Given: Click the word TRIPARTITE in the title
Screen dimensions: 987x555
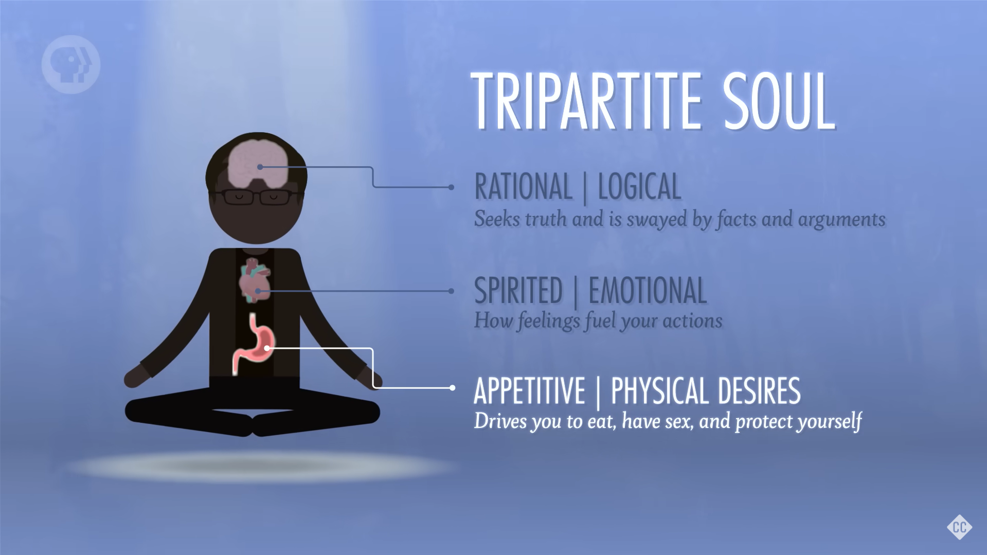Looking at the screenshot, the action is pos(586,101).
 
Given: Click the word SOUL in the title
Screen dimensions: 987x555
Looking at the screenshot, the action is pos(779,101).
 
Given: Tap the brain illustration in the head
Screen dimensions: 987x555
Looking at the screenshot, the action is pos(258,165).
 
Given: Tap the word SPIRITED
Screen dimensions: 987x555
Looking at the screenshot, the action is pos(518,290).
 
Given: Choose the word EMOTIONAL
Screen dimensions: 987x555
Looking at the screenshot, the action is pos(647,290).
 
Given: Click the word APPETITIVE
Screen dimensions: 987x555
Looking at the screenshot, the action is pos(529,390).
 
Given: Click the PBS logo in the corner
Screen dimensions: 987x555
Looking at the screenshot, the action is pos(71,65).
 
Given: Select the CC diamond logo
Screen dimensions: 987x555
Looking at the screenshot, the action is pos(959,527).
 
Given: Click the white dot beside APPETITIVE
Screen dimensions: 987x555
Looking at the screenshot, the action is pos(452,388).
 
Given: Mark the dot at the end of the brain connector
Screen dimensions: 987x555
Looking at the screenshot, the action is pos(451,187).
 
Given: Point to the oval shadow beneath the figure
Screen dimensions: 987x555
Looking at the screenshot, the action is pos(262,467).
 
